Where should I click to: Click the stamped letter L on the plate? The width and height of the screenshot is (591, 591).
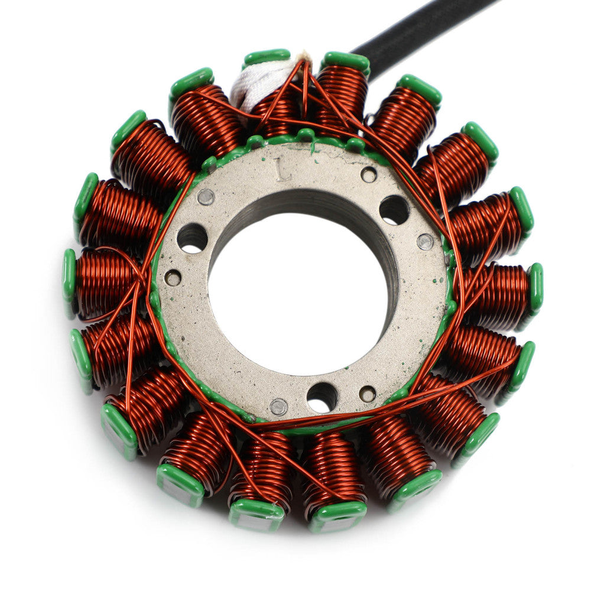point(283,173)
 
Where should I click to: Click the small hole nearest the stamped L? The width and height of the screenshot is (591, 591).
point(369,174)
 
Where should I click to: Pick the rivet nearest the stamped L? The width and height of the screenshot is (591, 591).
point(205,197)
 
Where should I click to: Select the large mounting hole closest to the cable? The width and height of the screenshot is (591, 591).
point(394,209)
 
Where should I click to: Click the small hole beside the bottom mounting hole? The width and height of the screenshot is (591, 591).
point(367,394)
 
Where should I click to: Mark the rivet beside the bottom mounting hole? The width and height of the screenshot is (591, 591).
point(278,406)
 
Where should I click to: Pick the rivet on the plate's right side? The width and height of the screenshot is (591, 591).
point(425,241)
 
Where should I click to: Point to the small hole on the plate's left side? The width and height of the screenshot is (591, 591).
point(173,278)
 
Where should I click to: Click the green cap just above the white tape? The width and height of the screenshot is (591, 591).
point(267,57)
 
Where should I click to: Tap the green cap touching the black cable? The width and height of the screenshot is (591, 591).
point(346,61)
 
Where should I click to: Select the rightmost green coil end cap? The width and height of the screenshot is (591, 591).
point(536,288)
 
